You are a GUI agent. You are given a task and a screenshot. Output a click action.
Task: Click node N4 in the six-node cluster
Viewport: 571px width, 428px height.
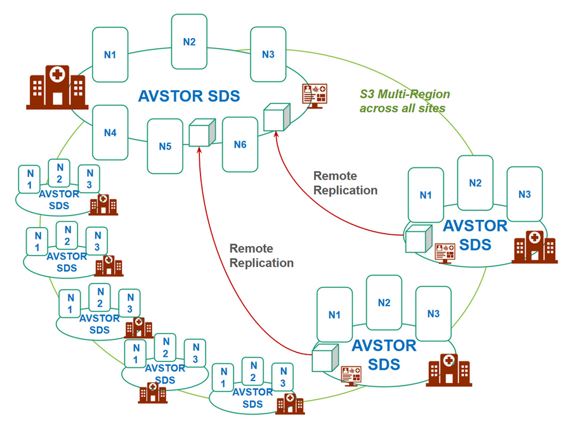[x=110, y=133]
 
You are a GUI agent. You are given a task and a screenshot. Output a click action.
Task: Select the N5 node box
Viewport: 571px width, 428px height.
[x=165, y=146]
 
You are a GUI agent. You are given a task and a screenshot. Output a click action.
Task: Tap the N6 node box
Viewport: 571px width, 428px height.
[x=240, y=145]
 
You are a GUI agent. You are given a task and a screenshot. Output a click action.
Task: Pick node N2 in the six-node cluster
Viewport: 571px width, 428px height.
[x=189, y=42]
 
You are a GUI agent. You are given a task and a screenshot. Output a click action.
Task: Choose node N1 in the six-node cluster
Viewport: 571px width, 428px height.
[x=110, y=55]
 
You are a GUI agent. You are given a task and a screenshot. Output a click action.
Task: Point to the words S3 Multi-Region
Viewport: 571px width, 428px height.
[x=405, y=94]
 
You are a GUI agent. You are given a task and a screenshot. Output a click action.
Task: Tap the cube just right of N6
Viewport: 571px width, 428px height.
[x=277, y=118]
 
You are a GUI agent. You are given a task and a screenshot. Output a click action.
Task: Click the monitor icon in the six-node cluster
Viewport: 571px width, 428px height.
[x=315, y=95]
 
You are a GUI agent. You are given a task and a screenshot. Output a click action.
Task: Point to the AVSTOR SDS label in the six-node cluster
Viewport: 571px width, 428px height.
[x=189, y=96]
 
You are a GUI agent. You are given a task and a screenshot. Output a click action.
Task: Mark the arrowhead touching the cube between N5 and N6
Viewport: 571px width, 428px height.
[x=199, y=150]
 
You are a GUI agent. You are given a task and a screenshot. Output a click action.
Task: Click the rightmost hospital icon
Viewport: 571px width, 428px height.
[x=534, y=247]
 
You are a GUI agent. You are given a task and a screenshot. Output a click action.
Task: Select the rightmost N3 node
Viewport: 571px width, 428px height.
[x=524, y=194]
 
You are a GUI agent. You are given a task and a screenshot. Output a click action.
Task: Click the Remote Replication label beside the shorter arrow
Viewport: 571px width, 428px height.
[x=345, y=183]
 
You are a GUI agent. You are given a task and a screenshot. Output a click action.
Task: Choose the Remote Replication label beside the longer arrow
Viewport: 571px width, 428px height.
[x=261, y=255]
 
